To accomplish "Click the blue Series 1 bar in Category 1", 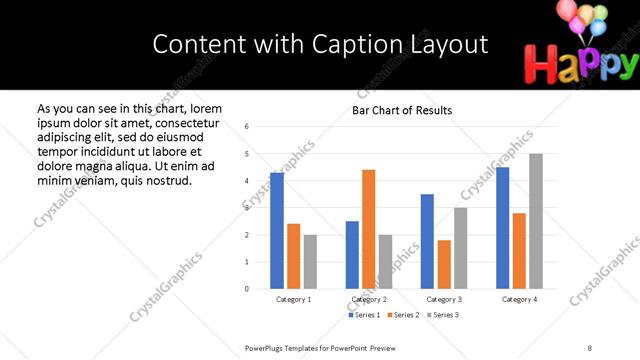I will click(x=277, y=231).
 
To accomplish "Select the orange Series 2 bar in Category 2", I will click(x=368, y=229).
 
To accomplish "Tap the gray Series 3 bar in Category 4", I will click(x=536, y=221).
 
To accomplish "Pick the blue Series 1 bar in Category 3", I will click(x=427, y=241).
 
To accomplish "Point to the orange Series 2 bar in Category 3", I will click(x=444, y=264).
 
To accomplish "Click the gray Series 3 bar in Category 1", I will click(x=310, y=262).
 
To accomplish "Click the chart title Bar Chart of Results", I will click(x=402, y=110).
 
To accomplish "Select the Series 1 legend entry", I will click(x=364, y=315).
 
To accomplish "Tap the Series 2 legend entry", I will click(x=403, y=315).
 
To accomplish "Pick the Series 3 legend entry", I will click(x=442, y=315).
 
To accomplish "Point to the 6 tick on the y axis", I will click(x=247, y=127).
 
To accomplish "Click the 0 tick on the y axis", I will click(x=247, y=289).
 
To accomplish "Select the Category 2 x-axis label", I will click(x=369, y=300).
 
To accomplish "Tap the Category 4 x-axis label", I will click(x=519, y=300).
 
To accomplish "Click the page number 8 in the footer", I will click(x=589, y=347).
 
